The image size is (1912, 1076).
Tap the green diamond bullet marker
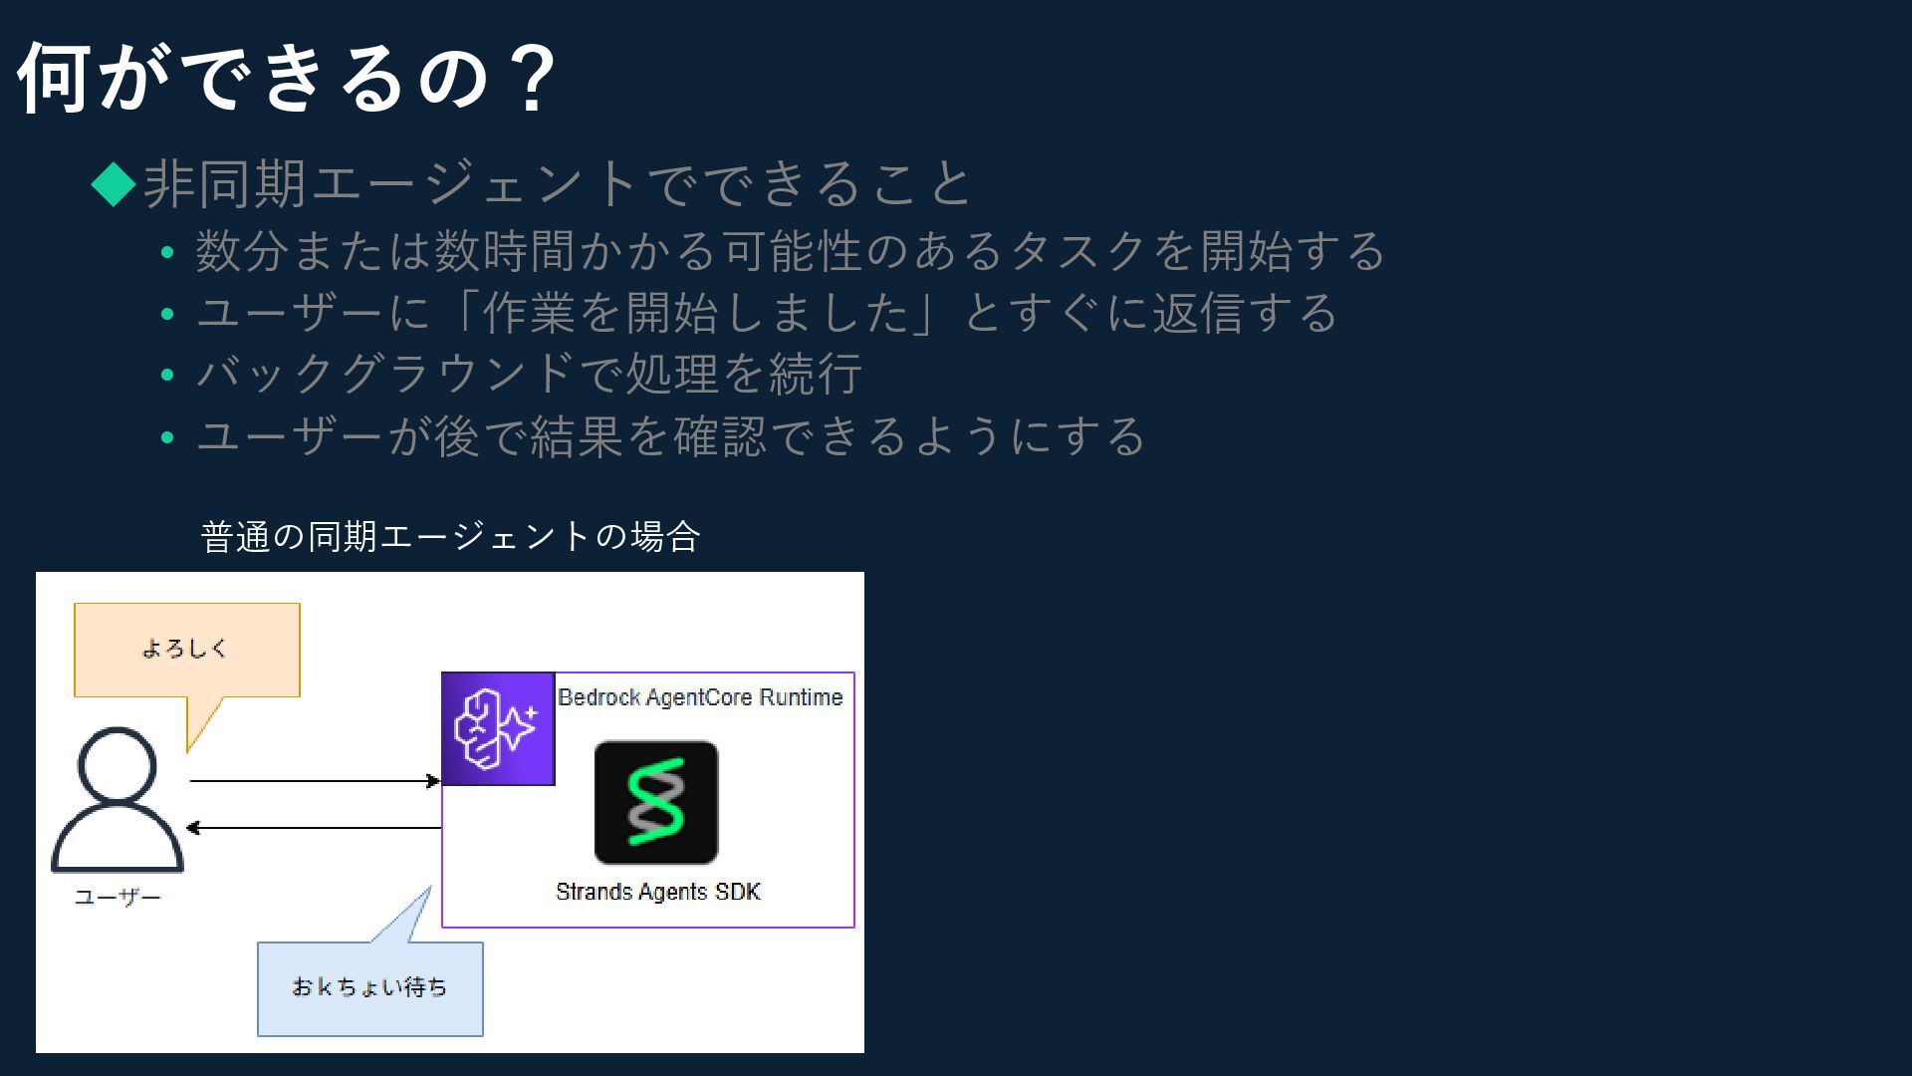click(114, 184)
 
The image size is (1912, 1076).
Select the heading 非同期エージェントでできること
click(558, 184)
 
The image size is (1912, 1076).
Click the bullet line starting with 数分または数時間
click(790, 250)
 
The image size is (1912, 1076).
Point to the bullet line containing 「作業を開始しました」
click(767, 313)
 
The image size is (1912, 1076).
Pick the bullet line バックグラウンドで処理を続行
click(529, 375)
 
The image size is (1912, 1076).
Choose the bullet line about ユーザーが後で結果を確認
click(670, 436)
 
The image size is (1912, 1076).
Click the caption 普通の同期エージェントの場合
click(450, 537)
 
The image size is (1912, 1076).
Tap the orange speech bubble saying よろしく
click(186, 649)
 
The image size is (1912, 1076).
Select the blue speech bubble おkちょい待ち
click(369, 987)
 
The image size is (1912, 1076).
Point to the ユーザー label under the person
click(118, 898)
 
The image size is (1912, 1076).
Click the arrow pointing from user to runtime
click(314, 781)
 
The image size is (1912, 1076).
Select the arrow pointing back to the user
click(314, 828)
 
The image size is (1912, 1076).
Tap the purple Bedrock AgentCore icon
click(498, 728)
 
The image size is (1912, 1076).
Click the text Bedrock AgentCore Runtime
click(700, 697)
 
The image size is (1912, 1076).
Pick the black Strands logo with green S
click(656, 802)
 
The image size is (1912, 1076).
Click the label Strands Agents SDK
click(658, 892)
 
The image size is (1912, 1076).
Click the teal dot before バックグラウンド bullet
click(167, 376)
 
